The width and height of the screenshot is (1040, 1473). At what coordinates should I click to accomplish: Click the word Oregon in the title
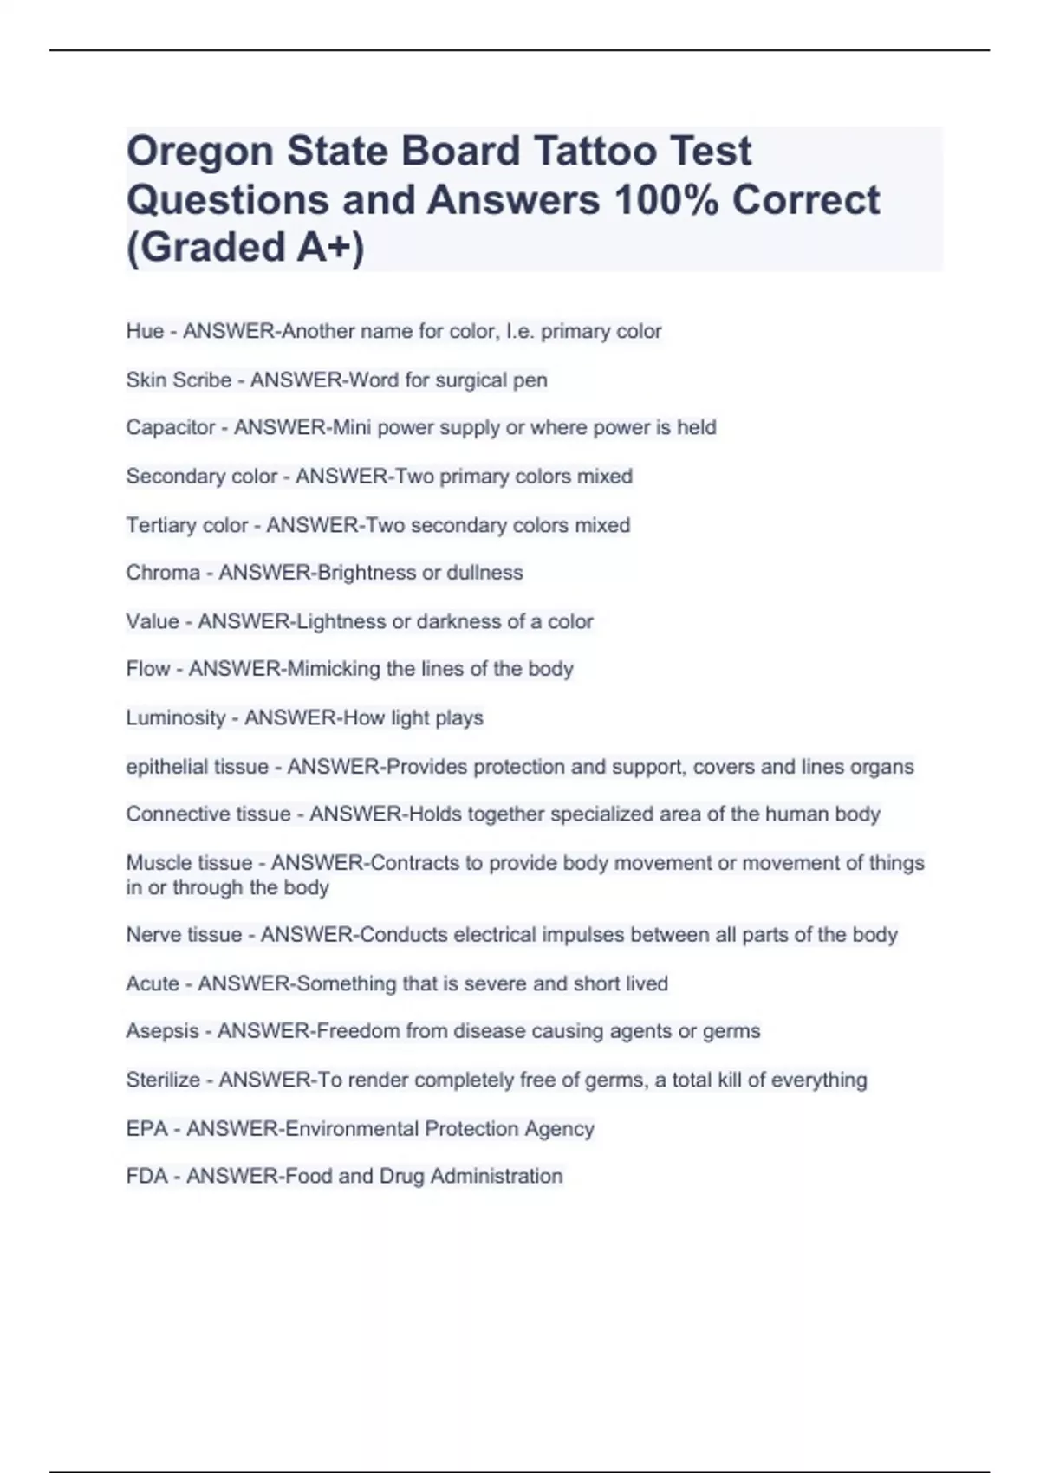click(x=200, y=152)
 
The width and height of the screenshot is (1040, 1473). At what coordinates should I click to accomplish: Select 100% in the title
click(x=666, y=200)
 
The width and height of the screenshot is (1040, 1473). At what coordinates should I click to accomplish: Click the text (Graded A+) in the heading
click(x=245, y=247)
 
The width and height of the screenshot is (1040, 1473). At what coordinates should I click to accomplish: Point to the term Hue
click(x=145, y=331)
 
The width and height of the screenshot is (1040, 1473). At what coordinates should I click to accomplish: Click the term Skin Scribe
click(x=179, y=380)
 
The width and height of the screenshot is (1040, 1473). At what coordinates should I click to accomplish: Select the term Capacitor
click(x=170, y=427)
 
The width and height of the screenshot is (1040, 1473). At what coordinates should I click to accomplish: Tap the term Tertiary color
click(x=186, y=525)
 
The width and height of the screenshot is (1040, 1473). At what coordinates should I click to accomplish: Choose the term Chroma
click(x=163, y=573)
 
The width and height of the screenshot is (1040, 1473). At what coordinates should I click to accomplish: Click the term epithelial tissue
click(x=197, y=767)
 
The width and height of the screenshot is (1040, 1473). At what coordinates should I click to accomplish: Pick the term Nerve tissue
click(x=184, y=935)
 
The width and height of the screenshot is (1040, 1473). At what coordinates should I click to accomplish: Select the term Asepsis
click(x=162, y=1031)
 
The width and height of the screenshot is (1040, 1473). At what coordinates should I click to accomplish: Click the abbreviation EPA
click(x=146, y=1129)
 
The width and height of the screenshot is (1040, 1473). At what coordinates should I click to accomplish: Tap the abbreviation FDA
click(x=146, y=1176)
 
